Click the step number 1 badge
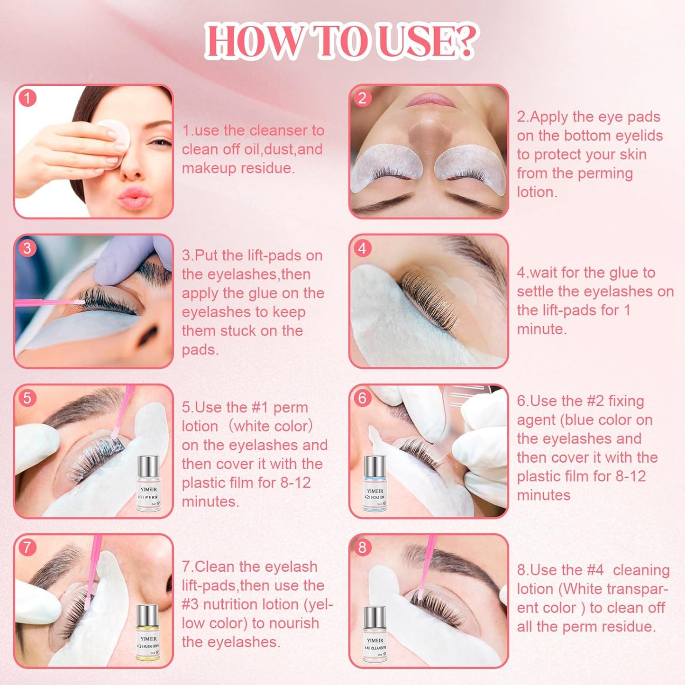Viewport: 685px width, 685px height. click(27, 98)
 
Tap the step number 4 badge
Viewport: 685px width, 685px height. click(363, 248)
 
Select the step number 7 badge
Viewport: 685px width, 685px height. click(27, 548)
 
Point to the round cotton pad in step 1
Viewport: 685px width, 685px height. click(114, 134)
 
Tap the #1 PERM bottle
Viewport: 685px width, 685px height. click(148, 484)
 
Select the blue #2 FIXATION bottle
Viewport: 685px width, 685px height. click(375, 484)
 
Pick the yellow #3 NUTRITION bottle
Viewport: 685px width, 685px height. click(148, 633)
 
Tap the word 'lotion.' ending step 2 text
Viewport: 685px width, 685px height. click(537, 192)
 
